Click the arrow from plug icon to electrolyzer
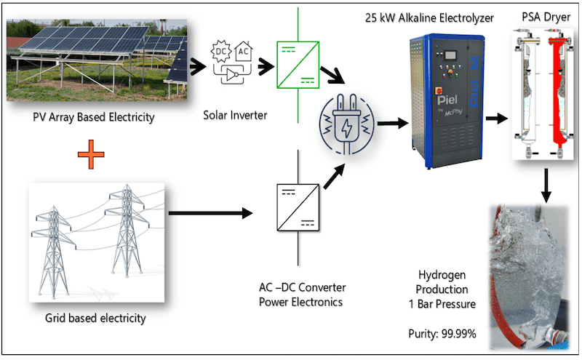[391, 124]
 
